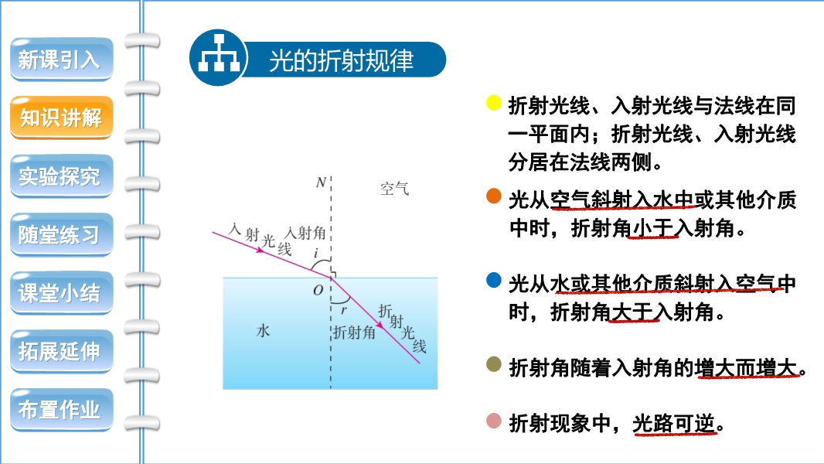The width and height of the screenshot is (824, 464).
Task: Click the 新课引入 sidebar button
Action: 62,60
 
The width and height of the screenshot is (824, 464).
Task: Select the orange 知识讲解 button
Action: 62,118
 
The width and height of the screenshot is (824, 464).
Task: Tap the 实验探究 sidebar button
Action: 62,176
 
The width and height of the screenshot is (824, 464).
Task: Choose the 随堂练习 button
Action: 62,234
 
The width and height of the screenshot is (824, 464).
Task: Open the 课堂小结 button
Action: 62,292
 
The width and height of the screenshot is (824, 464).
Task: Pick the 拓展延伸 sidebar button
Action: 62,351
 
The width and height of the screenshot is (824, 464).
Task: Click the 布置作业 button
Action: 62,409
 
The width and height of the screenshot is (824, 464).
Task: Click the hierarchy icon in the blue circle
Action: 219,55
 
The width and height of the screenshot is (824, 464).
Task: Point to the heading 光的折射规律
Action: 342,60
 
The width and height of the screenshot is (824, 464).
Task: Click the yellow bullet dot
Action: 493,103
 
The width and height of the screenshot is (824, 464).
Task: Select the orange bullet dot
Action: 493,196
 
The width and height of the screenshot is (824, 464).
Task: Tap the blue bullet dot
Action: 493,280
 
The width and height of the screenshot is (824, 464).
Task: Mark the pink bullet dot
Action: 493,421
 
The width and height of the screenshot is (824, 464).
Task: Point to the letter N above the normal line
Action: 321,183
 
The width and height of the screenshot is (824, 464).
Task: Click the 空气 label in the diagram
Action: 394,189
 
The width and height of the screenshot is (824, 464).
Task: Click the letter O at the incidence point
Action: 318,290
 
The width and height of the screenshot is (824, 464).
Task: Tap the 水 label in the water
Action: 263,330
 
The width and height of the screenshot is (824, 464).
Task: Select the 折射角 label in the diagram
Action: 354,332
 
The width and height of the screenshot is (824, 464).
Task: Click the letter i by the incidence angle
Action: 315,254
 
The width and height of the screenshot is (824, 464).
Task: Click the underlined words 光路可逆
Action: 674,423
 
